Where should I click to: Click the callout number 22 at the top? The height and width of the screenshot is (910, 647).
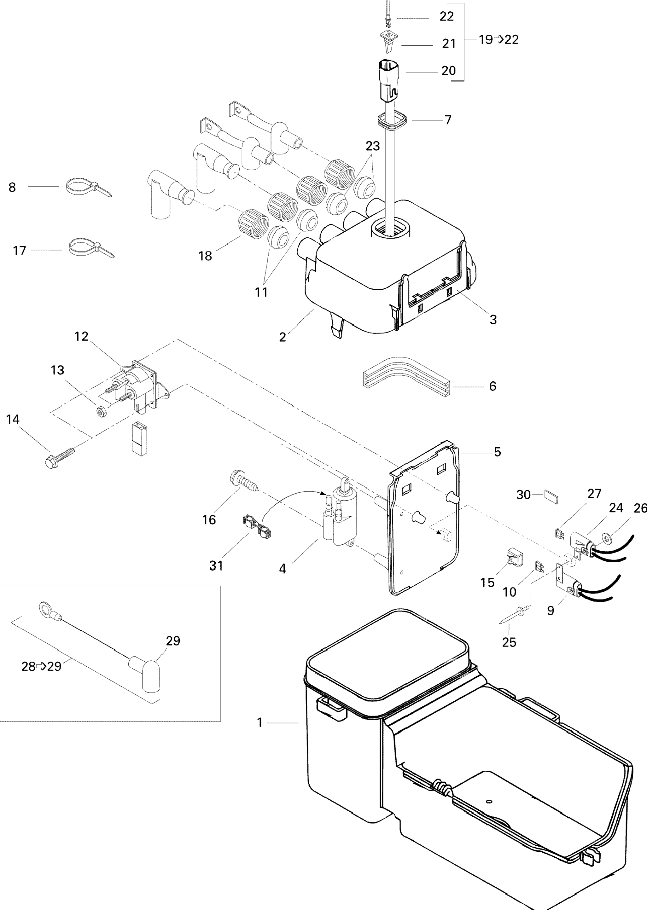[446, 16]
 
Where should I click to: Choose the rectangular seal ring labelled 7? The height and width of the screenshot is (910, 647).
[392, 121]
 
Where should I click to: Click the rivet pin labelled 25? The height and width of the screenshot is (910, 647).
[514, 615]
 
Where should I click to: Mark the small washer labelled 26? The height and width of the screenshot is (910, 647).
[608, 539]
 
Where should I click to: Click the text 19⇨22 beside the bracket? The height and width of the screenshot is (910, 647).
[498, 39]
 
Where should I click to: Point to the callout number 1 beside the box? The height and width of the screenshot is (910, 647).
[260, 722]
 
